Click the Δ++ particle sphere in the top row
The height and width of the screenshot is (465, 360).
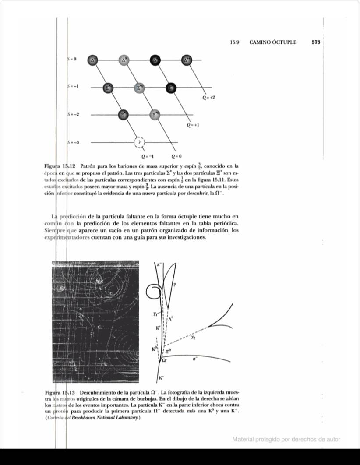coord(187,60)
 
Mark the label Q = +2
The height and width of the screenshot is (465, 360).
coord(208,99)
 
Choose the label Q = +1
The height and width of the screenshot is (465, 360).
coord(193,125)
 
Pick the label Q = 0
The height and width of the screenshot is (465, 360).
coord(176,156)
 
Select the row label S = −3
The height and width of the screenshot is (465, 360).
coord(73,142)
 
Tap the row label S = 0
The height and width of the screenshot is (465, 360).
coord(72,58)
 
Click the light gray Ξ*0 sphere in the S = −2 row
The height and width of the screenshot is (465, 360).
coord(155,115)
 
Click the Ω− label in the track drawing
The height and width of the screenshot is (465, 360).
coord(165,361)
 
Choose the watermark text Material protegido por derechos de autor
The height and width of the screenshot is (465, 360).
coord(286,439)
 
